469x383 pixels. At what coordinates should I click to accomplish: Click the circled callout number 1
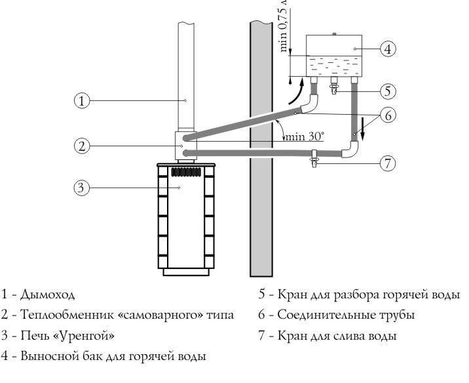click(81, 100)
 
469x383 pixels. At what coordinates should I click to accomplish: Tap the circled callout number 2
click(81, 146)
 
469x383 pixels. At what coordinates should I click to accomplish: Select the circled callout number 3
click(81, 188)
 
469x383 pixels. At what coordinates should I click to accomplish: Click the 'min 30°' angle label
click(303, 138)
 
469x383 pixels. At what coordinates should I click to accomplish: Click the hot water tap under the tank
click(334, 88)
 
